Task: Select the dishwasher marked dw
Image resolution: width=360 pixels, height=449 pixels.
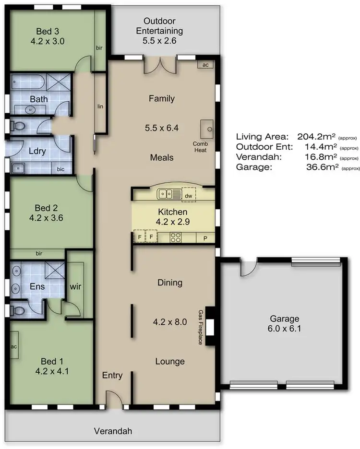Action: click(x=188, y=195)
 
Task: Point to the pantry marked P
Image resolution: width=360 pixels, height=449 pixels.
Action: click(x=205, y=237)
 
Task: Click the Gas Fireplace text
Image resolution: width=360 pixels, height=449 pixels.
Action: click(x=201, y=327)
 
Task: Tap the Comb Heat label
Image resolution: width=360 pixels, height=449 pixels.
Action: click(x=200, y=146)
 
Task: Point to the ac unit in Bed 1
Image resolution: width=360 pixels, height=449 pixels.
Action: click(x=14, y=347)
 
